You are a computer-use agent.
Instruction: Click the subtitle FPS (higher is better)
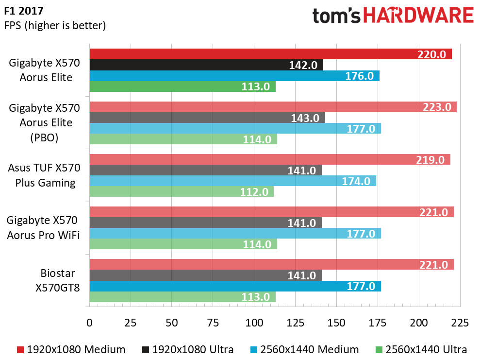coord(55,25)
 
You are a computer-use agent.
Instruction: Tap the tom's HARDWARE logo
coord(392,16)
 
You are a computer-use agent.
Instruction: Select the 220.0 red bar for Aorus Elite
coord(270,54)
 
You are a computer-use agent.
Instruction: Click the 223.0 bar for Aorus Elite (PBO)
coord(273,107)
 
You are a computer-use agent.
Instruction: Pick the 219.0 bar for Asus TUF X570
coord(269,159)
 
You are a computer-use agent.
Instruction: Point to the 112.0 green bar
coord(182,192)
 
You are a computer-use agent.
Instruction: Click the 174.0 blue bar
coord(232,181)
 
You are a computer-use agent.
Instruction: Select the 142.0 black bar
coord(206,65)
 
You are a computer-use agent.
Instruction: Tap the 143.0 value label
coord(304,118)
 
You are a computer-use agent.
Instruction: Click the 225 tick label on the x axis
coord(460,323)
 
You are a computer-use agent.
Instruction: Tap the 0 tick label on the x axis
coord(89,323)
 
